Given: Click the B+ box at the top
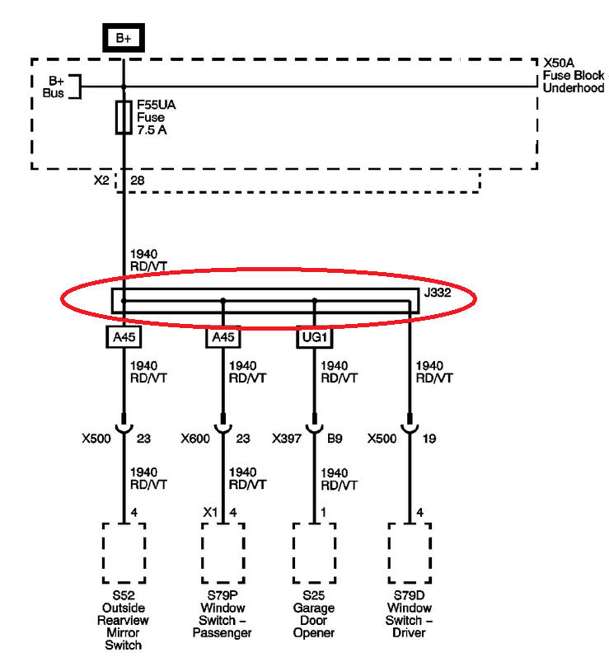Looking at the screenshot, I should (x=124, y=37).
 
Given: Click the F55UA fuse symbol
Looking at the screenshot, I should (x=124, y=117).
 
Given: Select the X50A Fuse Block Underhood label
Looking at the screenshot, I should (x=573, y=75).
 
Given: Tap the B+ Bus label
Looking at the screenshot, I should (x=55, y=87).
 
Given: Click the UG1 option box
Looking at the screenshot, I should (x=314, y=336).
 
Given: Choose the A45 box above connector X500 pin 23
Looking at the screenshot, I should (x=124, y=336).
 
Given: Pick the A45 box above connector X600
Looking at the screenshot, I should (x=223, y=336).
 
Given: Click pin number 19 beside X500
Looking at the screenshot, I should (x=430, y=439).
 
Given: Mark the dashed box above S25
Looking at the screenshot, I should (x=314, y=553).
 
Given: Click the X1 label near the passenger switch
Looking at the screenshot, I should (x=210, y=512).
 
